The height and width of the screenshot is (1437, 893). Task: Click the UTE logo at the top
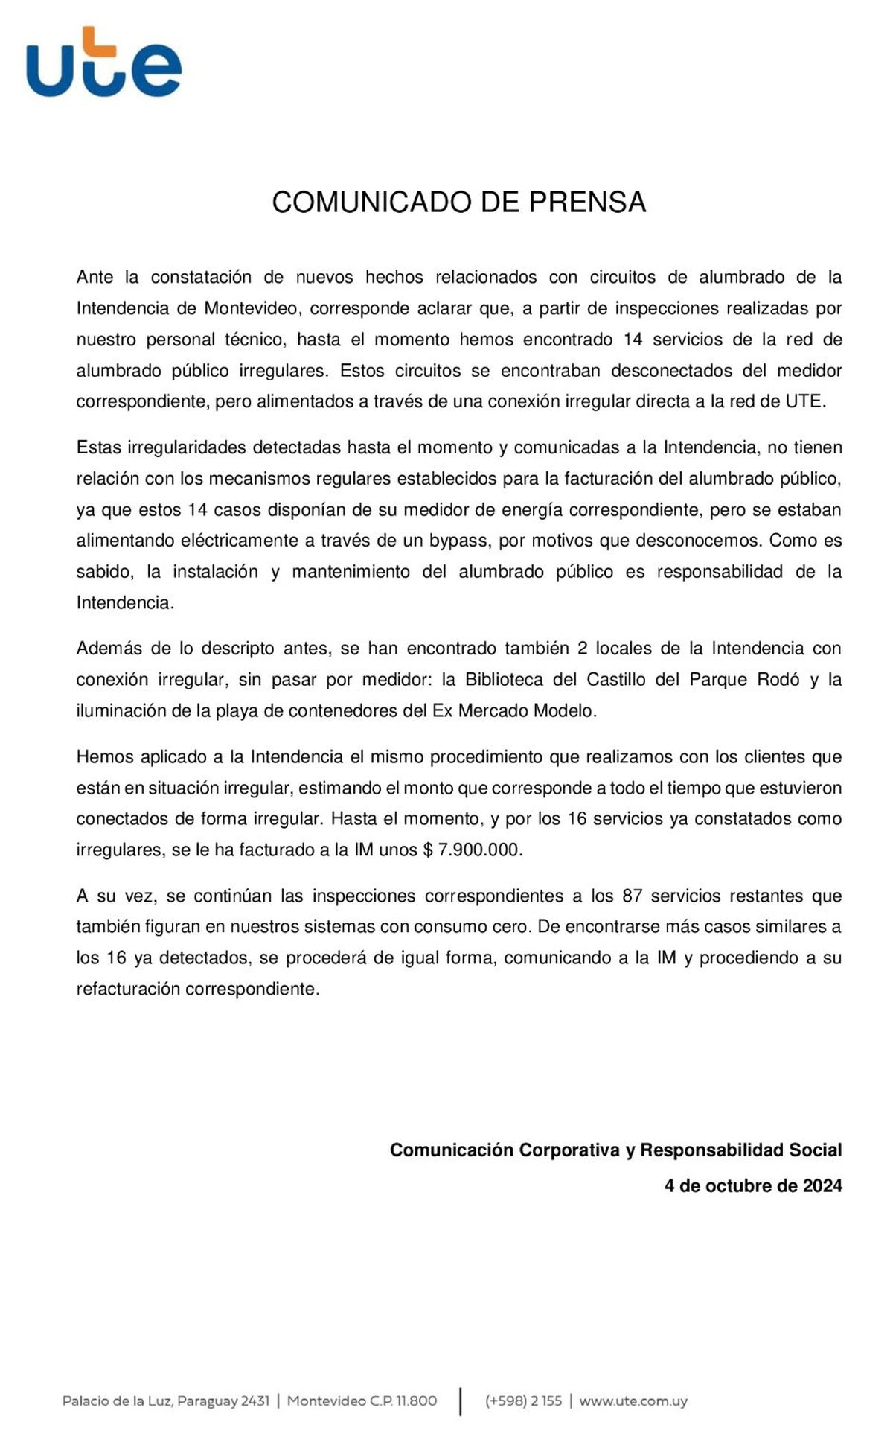click(x=104, y=63)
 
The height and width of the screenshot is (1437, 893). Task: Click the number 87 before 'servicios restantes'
click(x=632, y=896)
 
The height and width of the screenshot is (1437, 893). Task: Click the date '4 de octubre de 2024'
click(x=752, y=1185)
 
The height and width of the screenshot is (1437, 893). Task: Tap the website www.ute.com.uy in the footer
click(x=633, y=1401)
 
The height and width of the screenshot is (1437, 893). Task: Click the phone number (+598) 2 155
click(x=524, y=1401)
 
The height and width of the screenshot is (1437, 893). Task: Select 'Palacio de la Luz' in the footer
click(x=118, y=1401)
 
